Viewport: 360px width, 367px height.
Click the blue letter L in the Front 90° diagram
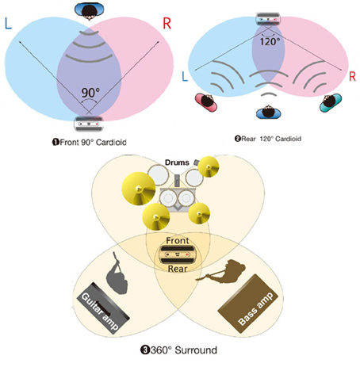(x=9, y=23)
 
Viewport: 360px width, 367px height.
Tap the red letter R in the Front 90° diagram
(x=167, y=23)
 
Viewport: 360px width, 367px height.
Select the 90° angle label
(x=90, y=93)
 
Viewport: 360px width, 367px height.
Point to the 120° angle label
(x=270, y=41)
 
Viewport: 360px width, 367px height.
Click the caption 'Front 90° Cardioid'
(x=90, y=142)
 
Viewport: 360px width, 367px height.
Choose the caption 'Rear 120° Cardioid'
(x=268, y=139)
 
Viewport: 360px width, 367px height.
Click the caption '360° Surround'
(x=178, y=350)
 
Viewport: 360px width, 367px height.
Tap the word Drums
(x=177, y=162)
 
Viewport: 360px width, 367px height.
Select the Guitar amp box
(x=103, y=308)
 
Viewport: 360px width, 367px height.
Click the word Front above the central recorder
(x=178, y=240)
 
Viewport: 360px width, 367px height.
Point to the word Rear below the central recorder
(x=178, y=269)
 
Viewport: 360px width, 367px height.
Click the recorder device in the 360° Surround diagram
(x=178, y=254)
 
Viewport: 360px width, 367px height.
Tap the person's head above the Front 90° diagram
(x=89, y=11)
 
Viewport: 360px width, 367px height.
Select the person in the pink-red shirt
(x=206, y=101)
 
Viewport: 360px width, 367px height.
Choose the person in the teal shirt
(x=331, y=102)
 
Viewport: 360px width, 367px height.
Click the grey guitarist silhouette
(x=117, y=274)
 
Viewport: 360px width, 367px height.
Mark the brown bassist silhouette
(x=224, y=272)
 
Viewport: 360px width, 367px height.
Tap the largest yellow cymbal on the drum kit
(x=139, y=189)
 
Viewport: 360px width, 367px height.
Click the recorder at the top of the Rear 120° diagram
(x=268, y=19)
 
